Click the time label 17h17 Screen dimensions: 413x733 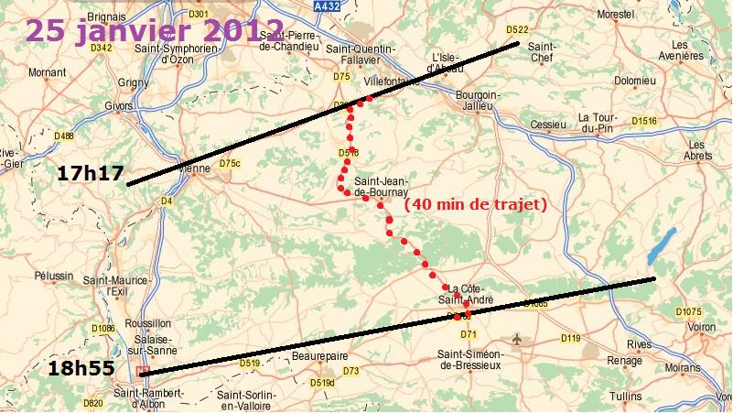click(x=90, y=172)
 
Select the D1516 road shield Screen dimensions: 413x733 click(x=645, y=121)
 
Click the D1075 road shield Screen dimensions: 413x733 click(x=689, y=311)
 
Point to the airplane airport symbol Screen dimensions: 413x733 click(x=520, y=339)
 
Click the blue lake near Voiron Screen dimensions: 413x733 click(x=661, y=245)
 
